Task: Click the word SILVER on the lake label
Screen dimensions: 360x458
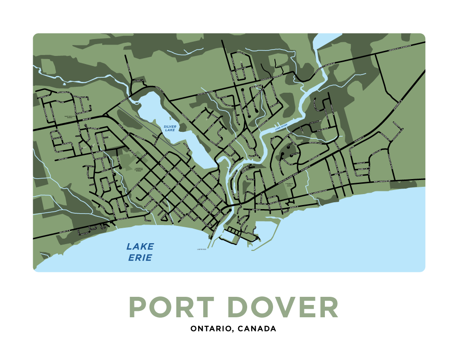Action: tap(170, 126)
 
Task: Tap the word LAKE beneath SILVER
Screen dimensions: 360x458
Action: tap(170, 130)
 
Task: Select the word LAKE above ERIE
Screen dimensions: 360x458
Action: tap(140, 247)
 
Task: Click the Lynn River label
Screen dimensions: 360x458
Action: tap(281, 127)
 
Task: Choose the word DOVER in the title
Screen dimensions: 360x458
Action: tap(283, 308)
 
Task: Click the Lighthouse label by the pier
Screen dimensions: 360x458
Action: tap(202, 249)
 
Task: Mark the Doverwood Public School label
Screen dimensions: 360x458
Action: tap(289, 185)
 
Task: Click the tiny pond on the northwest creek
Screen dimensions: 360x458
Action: tap(64, 84)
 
